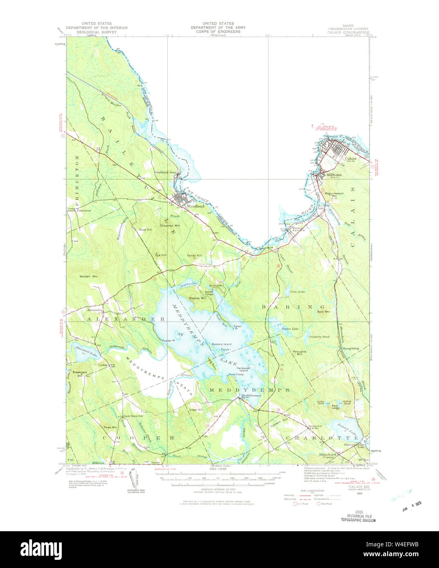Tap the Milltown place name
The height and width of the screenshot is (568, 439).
tap(334, 175)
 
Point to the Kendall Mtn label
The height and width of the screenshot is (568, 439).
tap(89, 277)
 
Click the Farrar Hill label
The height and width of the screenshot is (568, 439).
tap(194, 256)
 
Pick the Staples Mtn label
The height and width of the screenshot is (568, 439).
tap(197, 298)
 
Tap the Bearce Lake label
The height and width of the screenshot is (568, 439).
tap(290, 329)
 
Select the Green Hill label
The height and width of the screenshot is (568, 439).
tap(196, 409)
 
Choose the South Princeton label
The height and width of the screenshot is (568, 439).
tap(79, 210)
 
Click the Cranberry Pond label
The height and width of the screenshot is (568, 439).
tap(319, 337)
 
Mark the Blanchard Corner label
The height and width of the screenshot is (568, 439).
tap(328, 456)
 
